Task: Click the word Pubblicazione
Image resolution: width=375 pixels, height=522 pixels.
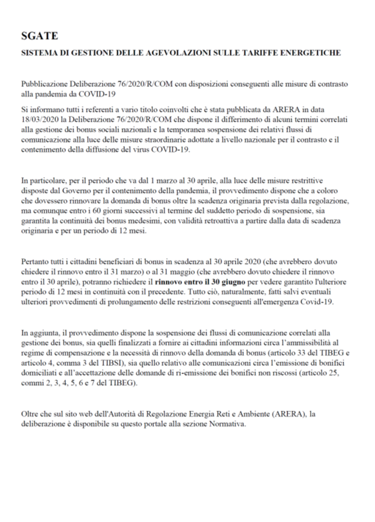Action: pyautogui.click(x=45, y=85)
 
